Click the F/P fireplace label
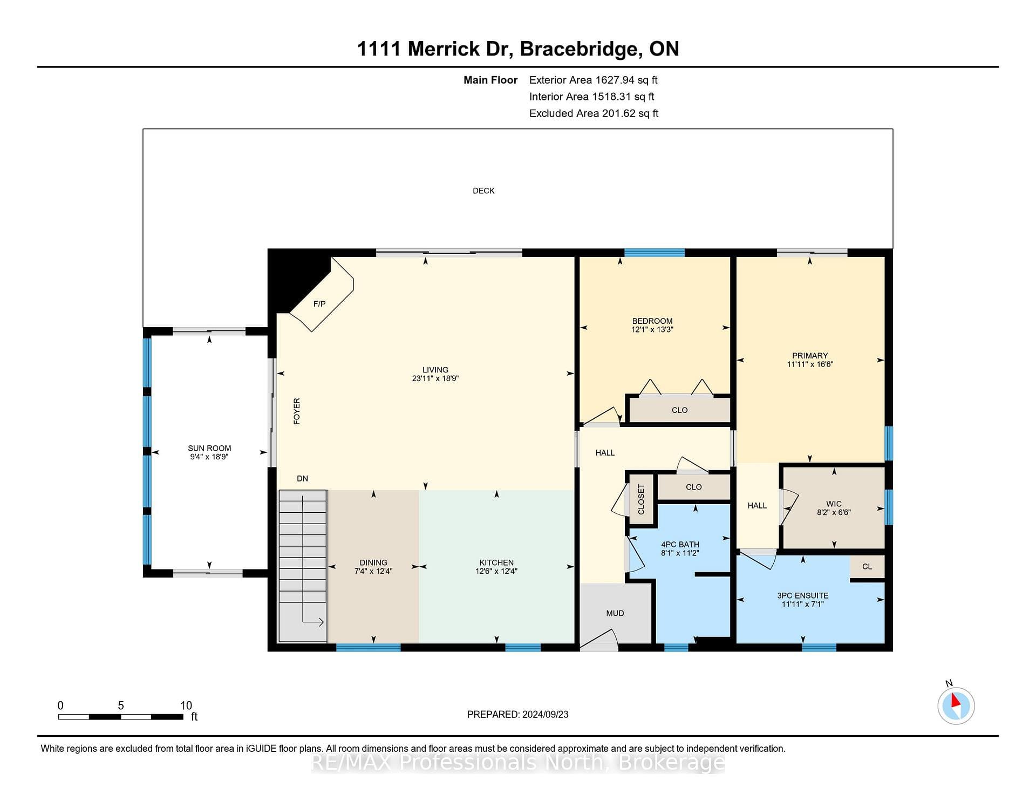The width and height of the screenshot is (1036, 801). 319,304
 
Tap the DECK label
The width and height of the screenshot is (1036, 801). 483,191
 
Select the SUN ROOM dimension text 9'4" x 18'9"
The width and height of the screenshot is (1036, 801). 209,457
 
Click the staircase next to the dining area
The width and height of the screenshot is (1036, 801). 303,566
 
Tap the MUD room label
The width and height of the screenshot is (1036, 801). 615,613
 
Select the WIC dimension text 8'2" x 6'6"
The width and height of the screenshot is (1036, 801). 834,512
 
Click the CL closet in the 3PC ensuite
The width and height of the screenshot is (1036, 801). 867,567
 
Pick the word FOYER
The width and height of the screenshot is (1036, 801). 297,411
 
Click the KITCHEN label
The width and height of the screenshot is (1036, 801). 496,562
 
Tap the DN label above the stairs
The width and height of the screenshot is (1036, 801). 302,478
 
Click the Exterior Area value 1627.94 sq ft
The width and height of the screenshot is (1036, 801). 626,80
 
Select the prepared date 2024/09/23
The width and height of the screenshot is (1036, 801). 545,714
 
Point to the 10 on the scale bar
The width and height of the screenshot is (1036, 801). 186,705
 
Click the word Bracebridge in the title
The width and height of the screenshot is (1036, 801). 578,49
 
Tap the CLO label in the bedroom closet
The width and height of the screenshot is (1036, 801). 680,410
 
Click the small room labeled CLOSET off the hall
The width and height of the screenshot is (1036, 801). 641,499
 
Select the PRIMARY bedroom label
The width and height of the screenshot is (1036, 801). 810,356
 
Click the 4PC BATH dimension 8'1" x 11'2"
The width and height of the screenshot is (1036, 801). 680,553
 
